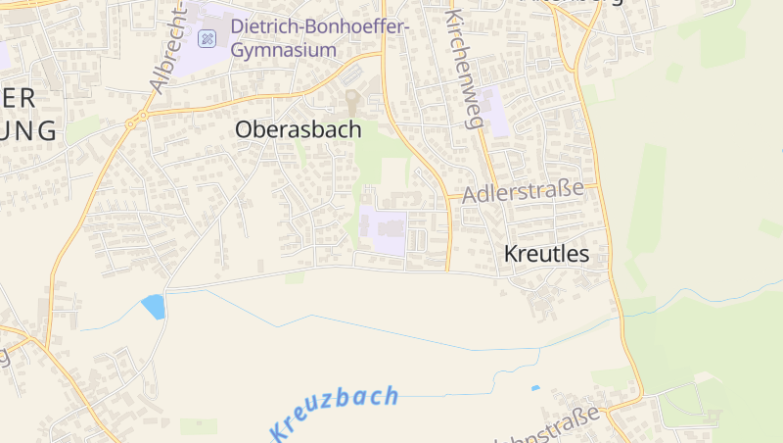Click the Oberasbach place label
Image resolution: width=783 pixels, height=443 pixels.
tap(298, 129)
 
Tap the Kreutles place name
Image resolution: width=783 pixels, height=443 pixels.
tap(546, 254)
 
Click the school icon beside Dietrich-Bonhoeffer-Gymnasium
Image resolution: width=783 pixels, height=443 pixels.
tap(207, 38)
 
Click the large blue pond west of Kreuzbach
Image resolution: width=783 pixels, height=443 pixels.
tap(154, 306)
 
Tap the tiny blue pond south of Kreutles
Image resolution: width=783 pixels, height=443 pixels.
tap(534, 388)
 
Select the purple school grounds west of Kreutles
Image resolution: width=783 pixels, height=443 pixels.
tap(384, 231)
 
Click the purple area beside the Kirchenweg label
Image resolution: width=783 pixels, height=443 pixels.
tap(493, 111)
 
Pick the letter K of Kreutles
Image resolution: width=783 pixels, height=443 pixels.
tap(512, 254)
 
